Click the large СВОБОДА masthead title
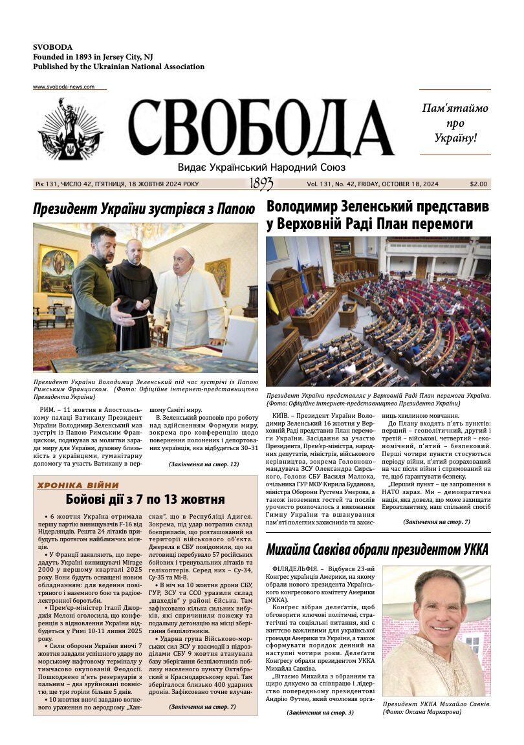click(261, 128)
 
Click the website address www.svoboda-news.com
click(63, 87)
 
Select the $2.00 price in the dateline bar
click(479, 184)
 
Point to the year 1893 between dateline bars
click(261, 184)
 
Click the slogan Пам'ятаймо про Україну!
click(455, 123)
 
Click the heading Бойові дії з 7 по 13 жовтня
click(145, 499)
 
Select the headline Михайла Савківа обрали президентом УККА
click(377, 550)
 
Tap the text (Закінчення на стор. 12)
click(204, 464)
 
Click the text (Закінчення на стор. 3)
click(320, 712)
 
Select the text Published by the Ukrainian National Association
click(118, 67)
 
